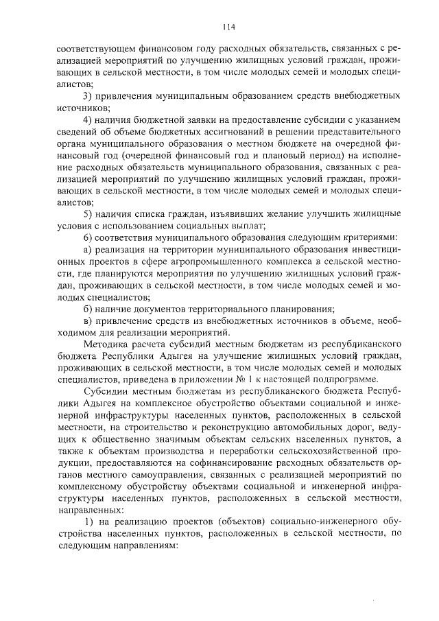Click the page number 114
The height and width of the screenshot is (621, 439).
pos(229,27)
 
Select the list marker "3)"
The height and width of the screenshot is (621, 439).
pos(87,95)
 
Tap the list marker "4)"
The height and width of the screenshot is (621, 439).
pos(87,119)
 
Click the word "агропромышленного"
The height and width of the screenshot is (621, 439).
pos(197,262)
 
